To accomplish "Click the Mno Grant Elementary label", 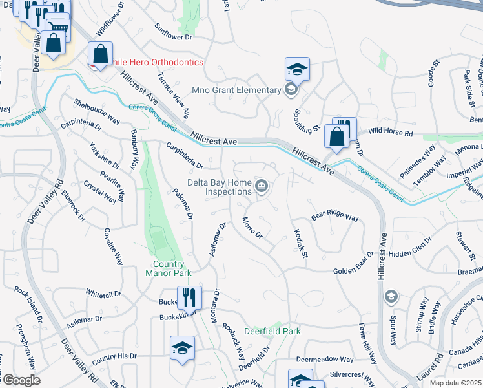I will (x=237, y=90).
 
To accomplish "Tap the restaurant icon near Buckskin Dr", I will (x=189, y=298).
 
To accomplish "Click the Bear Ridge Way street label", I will (x=334, y=217).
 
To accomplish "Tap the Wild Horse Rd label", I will (x=391, y=133).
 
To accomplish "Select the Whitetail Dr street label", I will (x=103, y=294).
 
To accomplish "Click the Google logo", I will (x=21, y=381).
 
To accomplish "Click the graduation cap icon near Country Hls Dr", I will (x=182, y=348).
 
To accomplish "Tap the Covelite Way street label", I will (x=114, y=246).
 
